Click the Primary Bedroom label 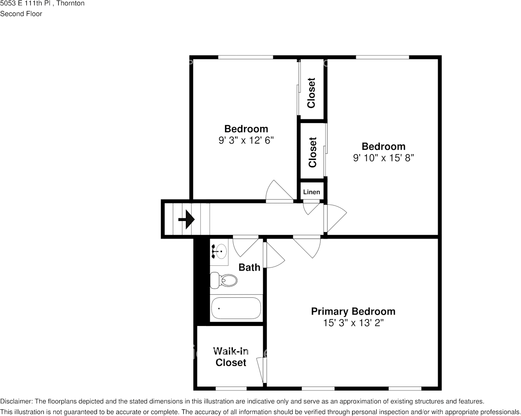(x=353, y=311)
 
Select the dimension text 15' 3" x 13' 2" (x=353, y=323)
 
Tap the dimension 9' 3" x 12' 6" (x=246, y=141)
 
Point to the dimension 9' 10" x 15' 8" (x=383, y=158)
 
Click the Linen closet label (x=312, y=192)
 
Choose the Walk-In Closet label (x=231, y=357)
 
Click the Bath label (x=249, y=267)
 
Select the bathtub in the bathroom (x=236, y=308)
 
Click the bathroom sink (x=219, y=252)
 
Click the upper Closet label (x=311, y=93)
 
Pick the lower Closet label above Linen (x=312, y=152)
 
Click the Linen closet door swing (x=312, y=207)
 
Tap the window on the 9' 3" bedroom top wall (x=246, y=57)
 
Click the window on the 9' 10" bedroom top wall (x=382, y=57)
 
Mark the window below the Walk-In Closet (x=231, y=388)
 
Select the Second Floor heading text (x=21, y=14)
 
